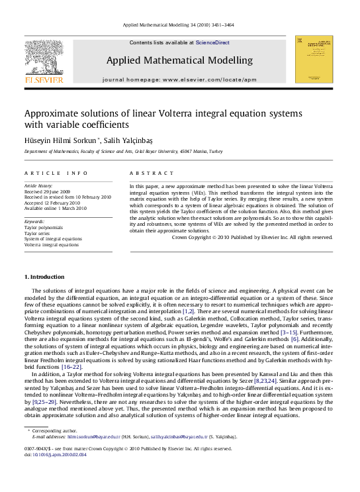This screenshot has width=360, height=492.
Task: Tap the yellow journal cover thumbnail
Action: click(x=314, y=59)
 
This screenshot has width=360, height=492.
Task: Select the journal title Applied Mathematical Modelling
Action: click(x=179, y=60)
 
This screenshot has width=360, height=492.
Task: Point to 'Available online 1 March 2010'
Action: click(x=56, y=208)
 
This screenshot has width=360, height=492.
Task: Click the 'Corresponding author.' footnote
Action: click(x=58, y=431)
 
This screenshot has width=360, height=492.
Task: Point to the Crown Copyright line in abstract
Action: click(x=252, y=237)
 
